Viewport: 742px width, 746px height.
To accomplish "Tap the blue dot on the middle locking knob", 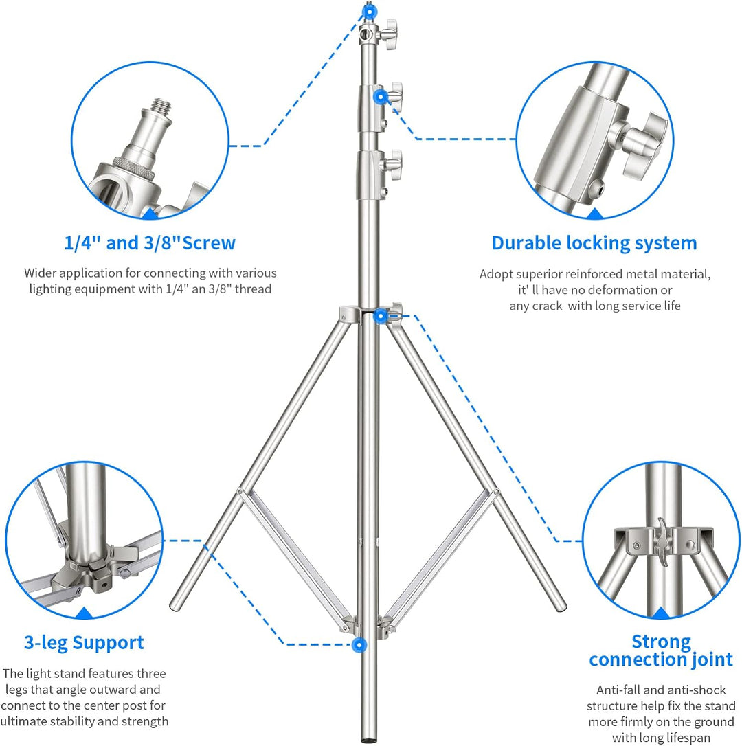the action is pyautogui.click(x=380, y=98).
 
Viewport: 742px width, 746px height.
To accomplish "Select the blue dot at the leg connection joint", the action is pyautogui.click(x=380, y=315).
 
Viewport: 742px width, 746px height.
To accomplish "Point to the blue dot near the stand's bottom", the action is pyautogui.click(x=359, y=644).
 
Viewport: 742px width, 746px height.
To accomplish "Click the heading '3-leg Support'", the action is pyautogui.click(x=84, y=643).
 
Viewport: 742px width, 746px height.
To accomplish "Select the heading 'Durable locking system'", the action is pyautogui.click(x=594, y=243).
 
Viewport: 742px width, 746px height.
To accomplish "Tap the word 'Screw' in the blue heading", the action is pyautogui.click(x=209, y=242).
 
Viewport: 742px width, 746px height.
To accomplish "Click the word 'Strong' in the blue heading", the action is pyautogui.click(x=661, y=642).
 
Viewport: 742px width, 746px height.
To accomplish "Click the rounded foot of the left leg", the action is pyautogui.click(x=176, y=604).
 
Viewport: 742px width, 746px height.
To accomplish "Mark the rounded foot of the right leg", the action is pyautogui.click(x=561, y=604).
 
